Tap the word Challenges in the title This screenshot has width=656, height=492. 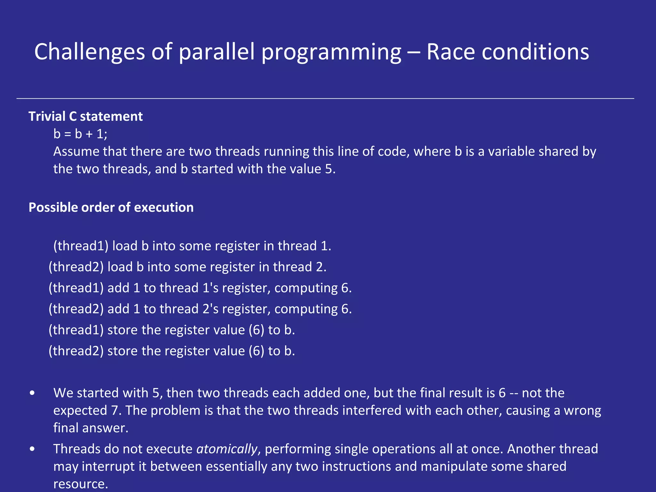[89, 52]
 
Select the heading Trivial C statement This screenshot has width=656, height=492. [86, 116]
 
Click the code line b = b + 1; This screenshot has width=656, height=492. [80, 134]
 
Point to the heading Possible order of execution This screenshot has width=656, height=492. [111, 207]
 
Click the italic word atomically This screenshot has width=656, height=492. [227, 449]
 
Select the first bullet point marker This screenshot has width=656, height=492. [32, 393]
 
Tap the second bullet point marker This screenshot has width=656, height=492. [32, 449]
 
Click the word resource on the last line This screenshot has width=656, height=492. [80, 484]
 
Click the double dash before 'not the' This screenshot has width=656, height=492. [513, 393]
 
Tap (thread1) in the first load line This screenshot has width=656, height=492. [81, 246]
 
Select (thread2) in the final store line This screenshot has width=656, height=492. [76, 351]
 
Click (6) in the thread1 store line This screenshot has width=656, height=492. [256, 330]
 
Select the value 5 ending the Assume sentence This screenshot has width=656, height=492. [329, 169]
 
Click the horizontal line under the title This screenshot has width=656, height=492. [325, 98]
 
